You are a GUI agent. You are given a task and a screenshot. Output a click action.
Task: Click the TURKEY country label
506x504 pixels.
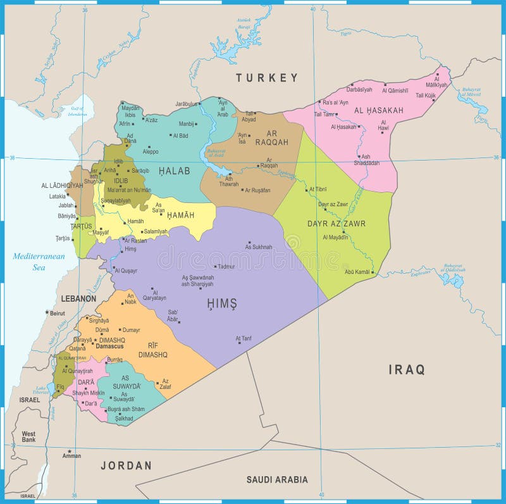coord(266,78)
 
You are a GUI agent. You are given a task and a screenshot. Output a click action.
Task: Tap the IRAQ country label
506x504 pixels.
coord(407,370)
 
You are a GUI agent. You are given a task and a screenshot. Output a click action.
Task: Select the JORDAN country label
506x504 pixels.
coord(126,465)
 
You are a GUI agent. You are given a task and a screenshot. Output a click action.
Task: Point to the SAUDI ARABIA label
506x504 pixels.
coord(277,479)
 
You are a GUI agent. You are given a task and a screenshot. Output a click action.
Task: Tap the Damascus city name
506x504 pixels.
coord(109,347)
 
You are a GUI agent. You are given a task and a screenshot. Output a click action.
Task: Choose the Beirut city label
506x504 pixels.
coord(58,313)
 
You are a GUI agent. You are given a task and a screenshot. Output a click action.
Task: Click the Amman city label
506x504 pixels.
coord(71,455)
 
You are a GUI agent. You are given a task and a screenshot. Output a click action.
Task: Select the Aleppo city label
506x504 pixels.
coord(151,152)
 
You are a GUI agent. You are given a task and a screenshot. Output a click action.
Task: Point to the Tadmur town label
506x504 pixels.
coord(226,267)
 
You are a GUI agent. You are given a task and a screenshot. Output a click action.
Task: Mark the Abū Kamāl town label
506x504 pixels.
coord(358,272)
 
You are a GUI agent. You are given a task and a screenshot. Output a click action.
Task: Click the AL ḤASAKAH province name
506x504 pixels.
coord(378,111)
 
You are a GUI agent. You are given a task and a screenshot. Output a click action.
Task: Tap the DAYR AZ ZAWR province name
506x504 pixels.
coord(336,223)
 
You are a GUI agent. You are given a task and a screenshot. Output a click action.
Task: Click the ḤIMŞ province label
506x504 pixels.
coord(221,304)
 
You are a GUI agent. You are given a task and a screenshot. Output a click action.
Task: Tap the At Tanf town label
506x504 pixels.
coord(244,339)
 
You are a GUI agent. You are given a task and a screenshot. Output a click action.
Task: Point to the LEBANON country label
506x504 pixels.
coord(78,298)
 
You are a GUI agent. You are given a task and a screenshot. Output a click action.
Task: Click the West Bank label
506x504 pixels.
coord(28,437)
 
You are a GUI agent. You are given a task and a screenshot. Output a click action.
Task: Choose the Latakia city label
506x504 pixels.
coord(58,196)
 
